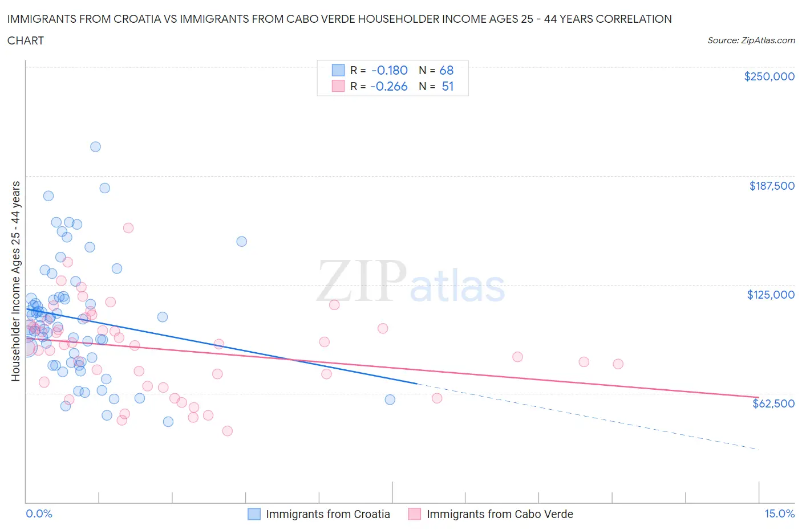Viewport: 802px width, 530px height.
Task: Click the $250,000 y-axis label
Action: pyautogui.click(x=769, y=77)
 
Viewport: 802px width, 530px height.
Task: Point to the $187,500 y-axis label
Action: pyautogui.click(x=772, y=186)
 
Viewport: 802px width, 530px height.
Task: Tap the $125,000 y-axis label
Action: pyautogui.click(x=771, y=295)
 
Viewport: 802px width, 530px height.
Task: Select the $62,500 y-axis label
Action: pyautogui.click(x=773, y=403)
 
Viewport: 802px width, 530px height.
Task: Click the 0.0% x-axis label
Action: pyautogui.click(x=39, y=513)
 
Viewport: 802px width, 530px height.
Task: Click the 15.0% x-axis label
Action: pyautogui.click(x=779, y=513)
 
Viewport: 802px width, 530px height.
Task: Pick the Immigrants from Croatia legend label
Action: pyautogui.click(x=328, y=514)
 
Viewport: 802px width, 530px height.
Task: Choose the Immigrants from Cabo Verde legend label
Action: pyautogui.click(x=500, y=514)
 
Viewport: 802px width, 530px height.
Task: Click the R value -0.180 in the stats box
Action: pyautogui.click(x=390, y=70)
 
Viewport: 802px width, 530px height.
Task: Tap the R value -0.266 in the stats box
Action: pyautogui.click(x=389, y=86)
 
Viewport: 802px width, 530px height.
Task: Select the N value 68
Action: pyautogui.click(x=447, y=70)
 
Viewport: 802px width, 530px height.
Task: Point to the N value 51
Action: pyautogui.click(x=448, y=86)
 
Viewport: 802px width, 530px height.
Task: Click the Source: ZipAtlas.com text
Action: pyautogui.click(x=751, y=40)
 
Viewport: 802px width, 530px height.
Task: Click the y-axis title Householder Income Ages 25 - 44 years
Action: pyautogui.click(x=16, y=281)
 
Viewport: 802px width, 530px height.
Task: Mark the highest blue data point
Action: pyautogui.click(x=95, y=147)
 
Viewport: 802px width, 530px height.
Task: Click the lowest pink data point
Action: pyautogui.click(x=228, y=431)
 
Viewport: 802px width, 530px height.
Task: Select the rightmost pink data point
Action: pyautogui.click(x=618, y=364)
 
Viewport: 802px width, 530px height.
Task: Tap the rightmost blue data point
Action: pyautogui.click(x=390, y=399)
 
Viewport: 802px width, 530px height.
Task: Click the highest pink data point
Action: pyautogui.click(x=128, y=228)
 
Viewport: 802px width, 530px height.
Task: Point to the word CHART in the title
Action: pyautogui.click(x=26, y=40)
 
